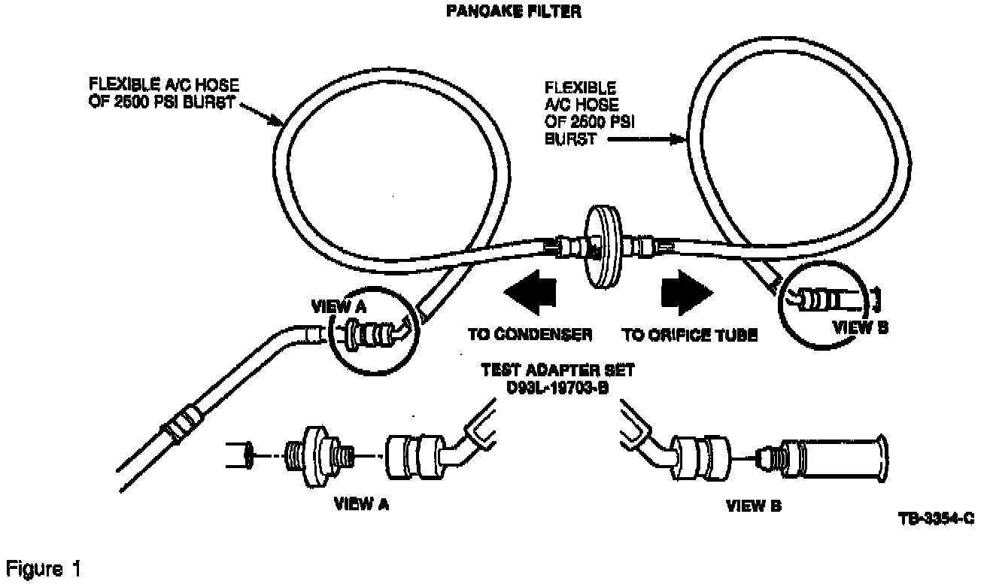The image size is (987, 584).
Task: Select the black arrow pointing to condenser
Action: point(530,292)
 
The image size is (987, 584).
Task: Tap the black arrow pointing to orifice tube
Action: point(685,292)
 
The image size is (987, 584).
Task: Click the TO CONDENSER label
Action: point(530,335)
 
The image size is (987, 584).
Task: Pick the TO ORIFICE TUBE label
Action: point(689,335)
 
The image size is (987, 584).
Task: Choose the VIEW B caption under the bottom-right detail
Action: point(753,506)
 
